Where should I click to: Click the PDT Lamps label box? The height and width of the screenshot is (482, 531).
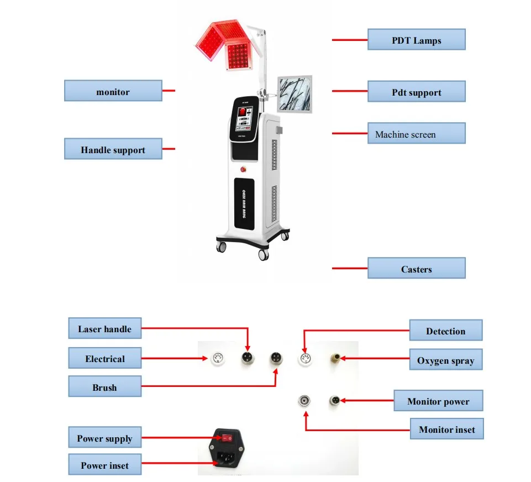click(417, 40)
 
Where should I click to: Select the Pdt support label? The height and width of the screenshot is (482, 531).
click(417, 92)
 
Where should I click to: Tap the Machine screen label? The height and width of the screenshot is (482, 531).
click(417, 134)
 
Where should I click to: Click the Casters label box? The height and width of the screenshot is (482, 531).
click(417, 269)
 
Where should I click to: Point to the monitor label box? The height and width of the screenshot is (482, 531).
click(113, 91)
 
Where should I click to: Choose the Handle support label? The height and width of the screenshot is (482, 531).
click(113, 149)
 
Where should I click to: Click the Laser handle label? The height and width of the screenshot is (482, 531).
click(104, 329)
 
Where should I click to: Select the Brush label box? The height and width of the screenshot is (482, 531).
click(104, 387)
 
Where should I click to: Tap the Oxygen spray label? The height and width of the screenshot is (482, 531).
click(445, 360)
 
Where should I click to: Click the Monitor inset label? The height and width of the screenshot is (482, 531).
click(446, 429)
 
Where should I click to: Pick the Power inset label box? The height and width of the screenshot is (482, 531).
click(104, 465)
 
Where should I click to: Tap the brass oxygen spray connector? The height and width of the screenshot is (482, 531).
click(334, 358)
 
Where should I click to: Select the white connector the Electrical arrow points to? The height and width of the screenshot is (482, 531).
click(218, 359)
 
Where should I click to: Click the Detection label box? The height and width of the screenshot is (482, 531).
click(445, 331)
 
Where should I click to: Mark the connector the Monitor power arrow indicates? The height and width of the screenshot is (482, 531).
click(334, 400)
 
